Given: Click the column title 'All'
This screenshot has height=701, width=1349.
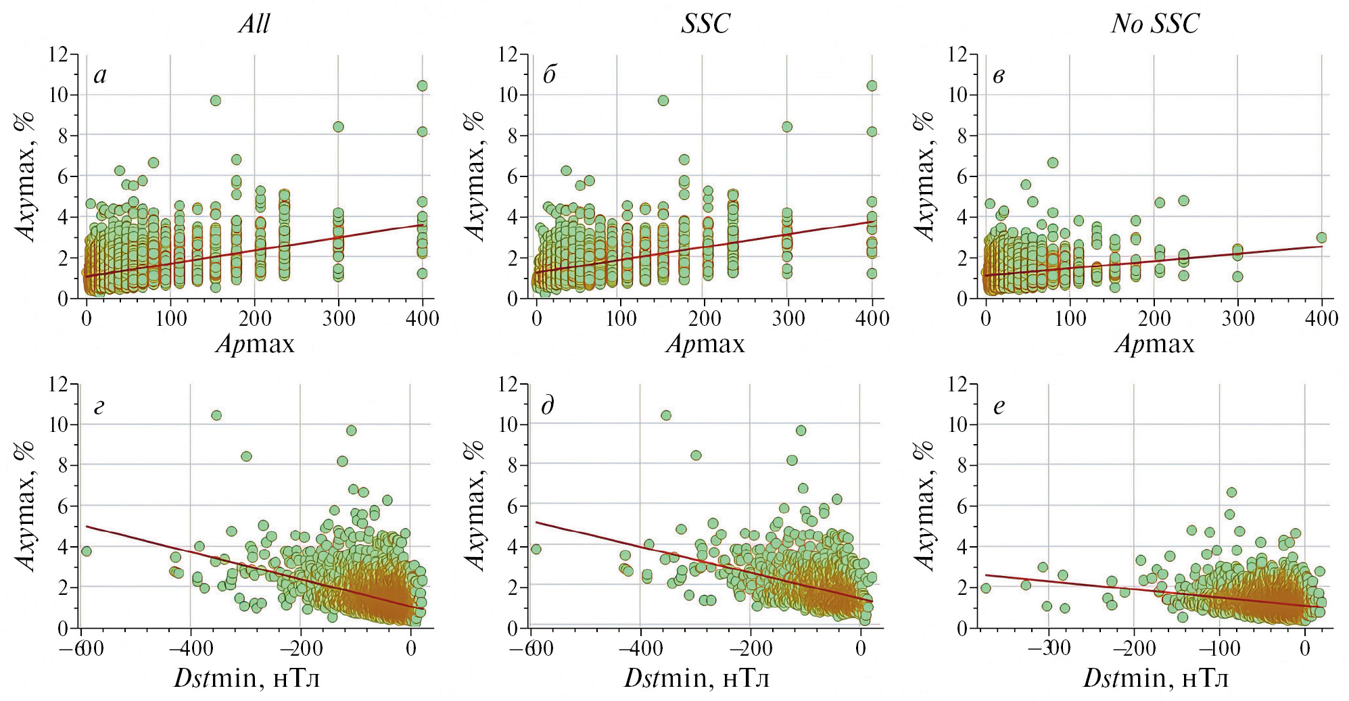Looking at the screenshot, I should (x=254, y=24).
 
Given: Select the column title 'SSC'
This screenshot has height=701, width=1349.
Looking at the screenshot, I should (x=705, y=24).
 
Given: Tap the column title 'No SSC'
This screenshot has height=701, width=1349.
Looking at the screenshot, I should (x=1155, y=24).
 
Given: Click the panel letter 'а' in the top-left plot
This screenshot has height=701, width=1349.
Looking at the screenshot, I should (x=100, y=75).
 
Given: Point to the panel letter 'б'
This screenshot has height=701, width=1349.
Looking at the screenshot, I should (x=549, y=74).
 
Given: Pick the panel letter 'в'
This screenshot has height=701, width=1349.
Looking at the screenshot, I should (x=998, y=75).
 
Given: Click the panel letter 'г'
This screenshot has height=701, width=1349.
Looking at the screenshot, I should (x=99, y=407).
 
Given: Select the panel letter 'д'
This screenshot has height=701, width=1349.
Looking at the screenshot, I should (x=548, y=406).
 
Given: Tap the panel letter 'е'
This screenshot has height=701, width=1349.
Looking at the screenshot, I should (x=999, y=407).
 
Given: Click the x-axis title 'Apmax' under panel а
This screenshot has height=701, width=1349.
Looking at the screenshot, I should (x=256, y=345).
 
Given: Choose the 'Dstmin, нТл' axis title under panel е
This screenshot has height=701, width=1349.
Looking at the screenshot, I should (x=1156, y=678).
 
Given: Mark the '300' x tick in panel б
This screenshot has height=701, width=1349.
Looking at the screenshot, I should (x=788, y=318).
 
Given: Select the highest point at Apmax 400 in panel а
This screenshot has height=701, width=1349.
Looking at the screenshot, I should (x=422, y=86).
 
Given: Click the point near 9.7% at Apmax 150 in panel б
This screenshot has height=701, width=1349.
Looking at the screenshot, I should (x=663, y=101).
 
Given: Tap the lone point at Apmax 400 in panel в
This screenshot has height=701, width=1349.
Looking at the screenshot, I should (x=1321, y=238).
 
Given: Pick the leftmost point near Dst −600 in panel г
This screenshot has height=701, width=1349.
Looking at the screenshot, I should (x=86, y=552).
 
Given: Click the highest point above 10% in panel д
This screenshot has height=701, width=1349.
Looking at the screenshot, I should (x=666, y=416).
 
